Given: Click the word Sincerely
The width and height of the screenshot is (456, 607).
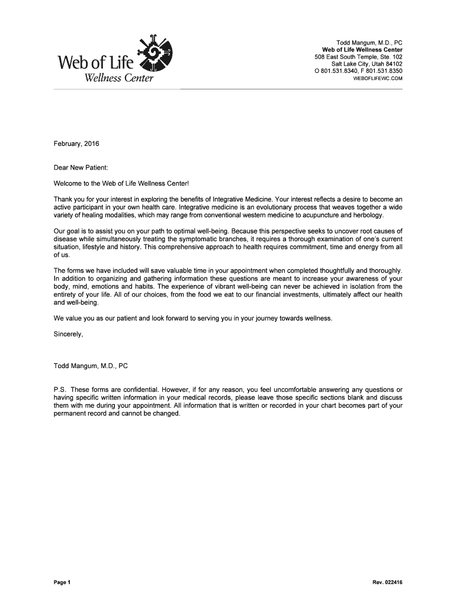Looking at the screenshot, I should [x=68, y=334].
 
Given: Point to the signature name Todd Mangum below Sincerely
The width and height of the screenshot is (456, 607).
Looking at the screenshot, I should [x=75, y=366].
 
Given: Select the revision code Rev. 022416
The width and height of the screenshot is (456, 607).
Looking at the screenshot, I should [x=387, y=583].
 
